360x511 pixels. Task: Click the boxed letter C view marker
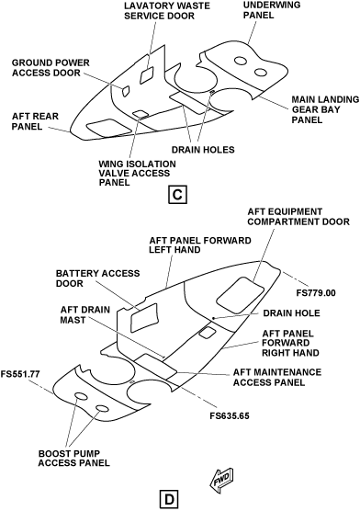tap(177, 195)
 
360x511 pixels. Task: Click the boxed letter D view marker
tap(169, 500)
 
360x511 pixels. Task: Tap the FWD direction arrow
tap(222, 480)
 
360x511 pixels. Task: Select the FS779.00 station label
tap(316, 293)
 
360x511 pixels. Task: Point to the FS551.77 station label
tap(20, 374)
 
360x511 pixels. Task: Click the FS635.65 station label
tap(230, 415)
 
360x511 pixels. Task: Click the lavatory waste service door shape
tap(147, 75)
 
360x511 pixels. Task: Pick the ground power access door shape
tap(125, 91)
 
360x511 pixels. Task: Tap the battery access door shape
tap(143, 317)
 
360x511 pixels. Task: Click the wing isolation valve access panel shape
tap(140, 113)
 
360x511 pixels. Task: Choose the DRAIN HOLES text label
tap(203, 150)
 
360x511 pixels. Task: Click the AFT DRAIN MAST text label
tap(85, 315)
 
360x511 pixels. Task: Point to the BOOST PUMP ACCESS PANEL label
tap(74, 459)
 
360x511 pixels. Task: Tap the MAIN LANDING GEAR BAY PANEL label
tap(325, 109)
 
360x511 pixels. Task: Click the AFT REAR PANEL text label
tap(35, 121)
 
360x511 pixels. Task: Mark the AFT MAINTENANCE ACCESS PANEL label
tap(277, 377)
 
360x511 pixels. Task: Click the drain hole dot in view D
tap(213, 318)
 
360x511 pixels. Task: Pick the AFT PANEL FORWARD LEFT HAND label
tap(200, 245)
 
